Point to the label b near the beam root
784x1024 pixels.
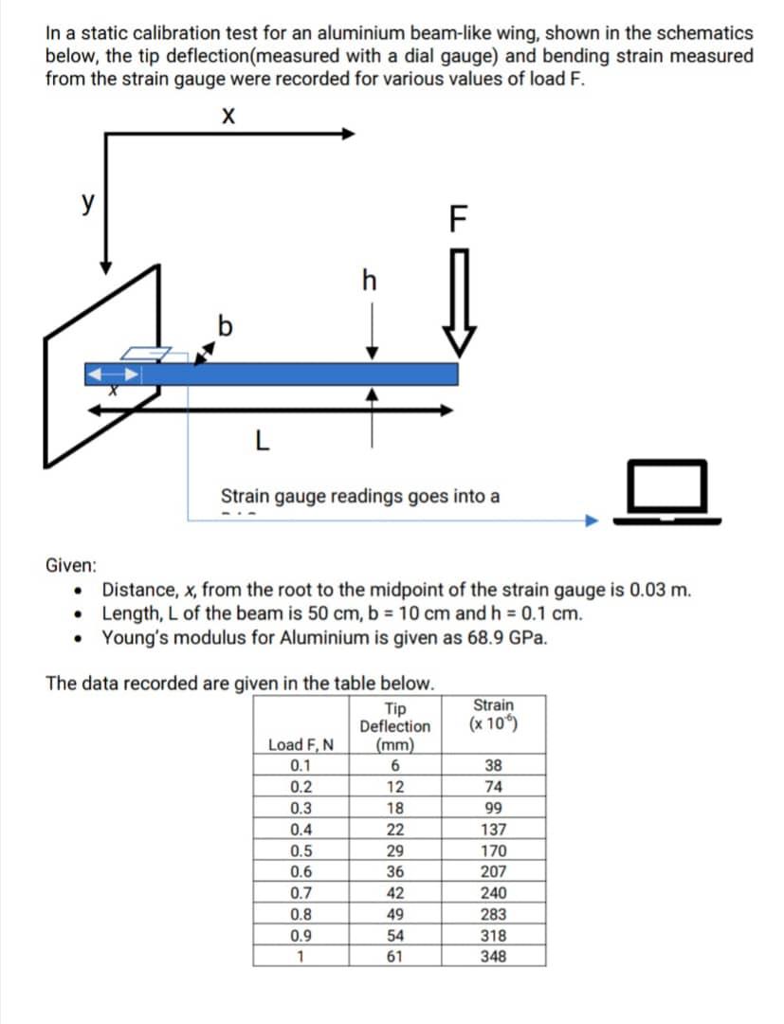click(x=225, y=327)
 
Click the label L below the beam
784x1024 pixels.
click(x=262, y=439)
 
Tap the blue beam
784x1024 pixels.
click(x=284, y=374)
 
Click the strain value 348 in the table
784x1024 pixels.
click(x=493, y=956)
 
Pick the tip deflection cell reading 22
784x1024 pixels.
click(x=395, y=829)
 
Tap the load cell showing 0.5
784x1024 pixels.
click(x=301, y=850)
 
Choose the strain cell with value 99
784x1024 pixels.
click(x=493, y=808)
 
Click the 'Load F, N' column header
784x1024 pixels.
click(x=301, y=745)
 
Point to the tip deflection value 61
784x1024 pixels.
click(x=395, y=956)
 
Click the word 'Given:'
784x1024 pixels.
click(x=71, y=565)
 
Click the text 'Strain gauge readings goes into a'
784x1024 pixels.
click(x=360, y=496)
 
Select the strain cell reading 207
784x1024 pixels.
click(x=493, y=871)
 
